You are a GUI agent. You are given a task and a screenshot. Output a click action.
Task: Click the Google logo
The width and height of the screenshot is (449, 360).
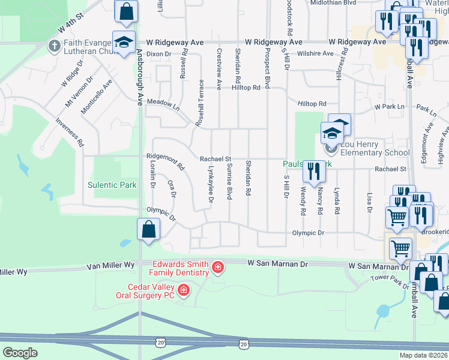20,353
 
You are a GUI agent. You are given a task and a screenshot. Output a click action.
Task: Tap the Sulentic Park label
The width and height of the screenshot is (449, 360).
112,185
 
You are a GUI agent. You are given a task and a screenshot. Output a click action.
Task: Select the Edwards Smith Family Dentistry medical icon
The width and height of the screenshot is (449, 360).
217,267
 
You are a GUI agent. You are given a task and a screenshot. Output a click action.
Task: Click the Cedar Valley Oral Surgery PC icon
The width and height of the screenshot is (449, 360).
183,292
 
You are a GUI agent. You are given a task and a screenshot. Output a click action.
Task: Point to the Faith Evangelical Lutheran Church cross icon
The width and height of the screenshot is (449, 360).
54,45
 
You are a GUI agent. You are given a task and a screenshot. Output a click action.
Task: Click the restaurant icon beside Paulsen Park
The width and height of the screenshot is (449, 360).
313,171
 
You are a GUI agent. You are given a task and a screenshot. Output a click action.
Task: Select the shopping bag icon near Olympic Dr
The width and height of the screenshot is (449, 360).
148,229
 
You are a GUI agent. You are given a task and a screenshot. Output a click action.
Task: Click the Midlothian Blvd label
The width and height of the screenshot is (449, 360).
333,3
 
